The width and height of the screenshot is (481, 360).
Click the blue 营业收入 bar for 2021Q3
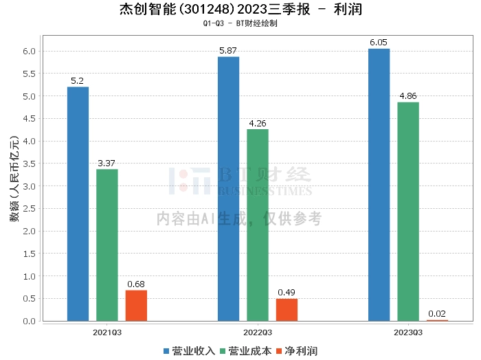[x=78, y=204]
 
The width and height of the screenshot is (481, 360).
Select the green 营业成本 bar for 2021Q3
[x=107, y=245]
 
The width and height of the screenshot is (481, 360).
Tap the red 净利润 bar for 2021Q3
[x=136, y=306]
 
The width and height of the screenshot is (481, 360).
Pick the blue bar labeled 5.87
[x=228, y=189]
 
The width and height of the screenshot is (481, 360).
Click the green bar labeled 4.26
[x=258, y=225]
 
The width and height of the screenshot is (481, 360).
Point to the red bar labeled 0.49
[x=287, y=310]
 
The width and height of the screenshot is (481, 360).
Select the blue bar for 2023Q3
[x=379, y=185]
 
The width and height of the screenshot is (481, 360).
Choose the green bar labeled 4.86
[x=408, y=212]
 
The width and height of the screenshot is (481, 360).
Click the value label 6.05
[x=379, y=43]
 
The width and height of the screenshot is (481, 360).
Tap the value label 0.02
[x=437, y=314]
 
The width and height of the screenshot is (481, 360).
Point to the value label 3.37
[x=107, y=163]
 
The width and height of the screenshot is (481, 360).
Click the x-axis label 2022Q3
[x=258, y=332]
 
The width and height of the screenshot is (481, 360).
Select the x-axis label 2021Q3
[x=107, y=332]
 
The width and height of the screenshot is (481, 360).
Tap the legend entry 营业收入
[x=190, y=351]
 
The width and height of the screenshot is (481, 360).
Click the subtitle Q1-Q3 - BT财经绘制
[x=240, y=23]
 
